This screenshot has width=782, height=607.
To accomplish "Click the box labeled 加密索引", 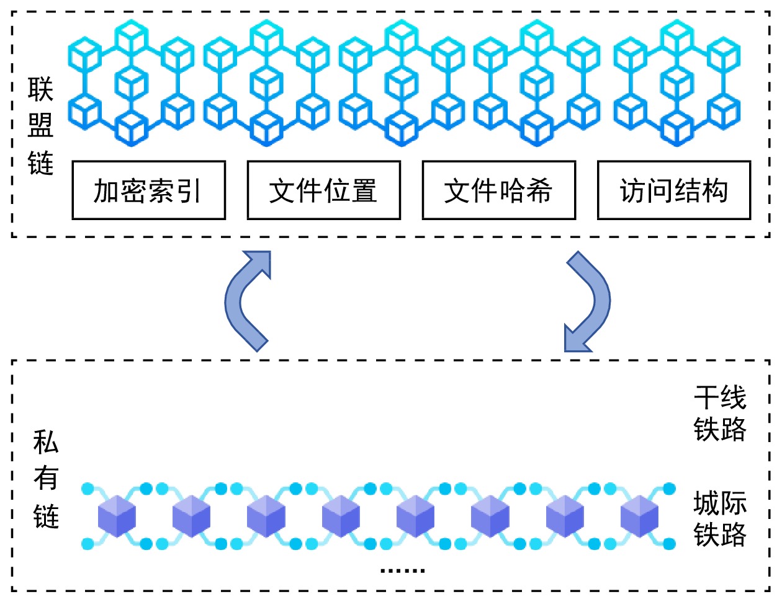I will [148, 190].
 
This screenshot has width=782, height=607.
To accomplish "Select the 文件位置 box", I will [323, 190].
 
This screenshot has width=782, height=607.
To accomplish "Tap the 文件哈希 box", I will [498, 190].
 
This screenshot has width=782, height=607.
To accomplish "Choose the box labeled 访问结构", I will [674, 190].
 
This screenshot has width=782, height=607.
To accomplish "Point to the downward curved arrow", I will [588, 301].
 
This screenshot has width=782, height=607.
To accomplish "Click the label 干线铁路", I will [719, 413].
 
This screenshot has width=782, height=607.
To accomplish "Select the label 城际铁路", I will [719, 518].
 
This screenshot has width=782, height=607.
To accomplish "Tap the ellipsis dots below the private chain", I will [402, 570].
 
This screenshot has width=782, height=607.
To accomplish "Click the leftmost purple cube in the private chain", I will [117, 516].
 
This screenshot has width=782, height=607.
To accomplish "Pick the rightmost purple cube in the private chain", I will [639, 516].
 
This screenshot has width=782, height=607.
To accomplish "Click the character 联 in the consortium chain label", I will [40, 90].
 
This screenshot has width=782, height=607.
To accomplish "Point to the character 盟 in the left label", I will [40, 126].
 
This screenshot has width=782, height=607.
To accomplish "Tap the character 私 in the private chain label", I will [46, 443].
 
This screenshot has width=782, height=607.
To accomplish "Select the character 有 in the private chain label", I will [46, 479].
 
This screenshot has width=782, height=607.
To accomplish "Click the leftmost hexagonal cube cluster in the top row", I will [131, 83].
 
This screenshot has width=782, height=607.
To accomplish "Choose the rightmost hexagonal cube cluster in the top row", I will [676, 83].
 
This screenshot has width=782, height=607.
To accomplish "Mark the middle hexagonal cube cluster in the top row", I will [402, 83].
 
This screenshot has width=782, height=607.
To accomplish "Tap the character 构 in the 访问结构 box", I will [714, 190].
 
